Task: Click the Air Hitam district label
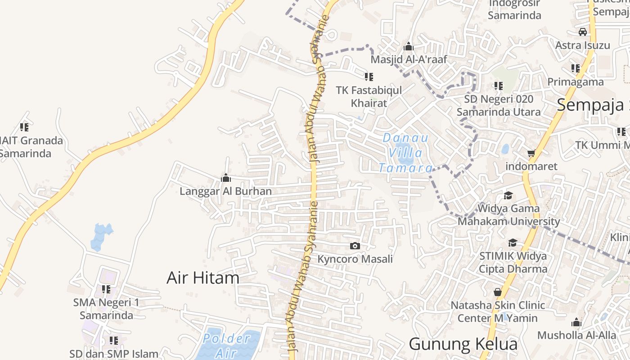tap(203, 278)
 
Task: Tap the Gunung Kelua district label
tap(463, 344)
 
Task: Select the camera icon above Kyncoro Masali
tap(355, 246)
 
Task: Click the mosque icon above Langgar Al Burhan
tap(226, 178)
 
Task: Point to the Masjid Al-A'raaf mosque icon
tap(409, 46)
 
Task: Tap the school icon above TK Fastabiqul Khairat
tap(369, 77)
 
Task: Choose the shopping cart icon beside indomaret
tap(531, 153)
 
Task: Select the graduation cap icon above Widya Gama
tap(508, 195)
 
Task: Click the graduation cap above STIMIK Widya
tap(513, 243)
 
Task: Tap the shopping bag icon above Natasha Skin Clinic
tap(498, 292)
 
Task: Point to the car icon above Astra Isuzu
tap(583, 32)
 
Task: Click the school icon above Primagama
tap(576, 68)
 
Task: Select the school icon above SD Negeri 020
tap(499, 85)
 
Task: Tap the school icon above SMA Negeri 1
tap(106, 289)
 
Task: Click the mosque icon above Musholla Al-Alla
tap(576, 322)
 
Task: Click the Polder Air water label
tap(227, 345)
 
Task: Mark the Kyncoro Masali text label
tap(355, 259)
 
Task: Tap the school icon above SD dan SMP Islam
tap(114, 341)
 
